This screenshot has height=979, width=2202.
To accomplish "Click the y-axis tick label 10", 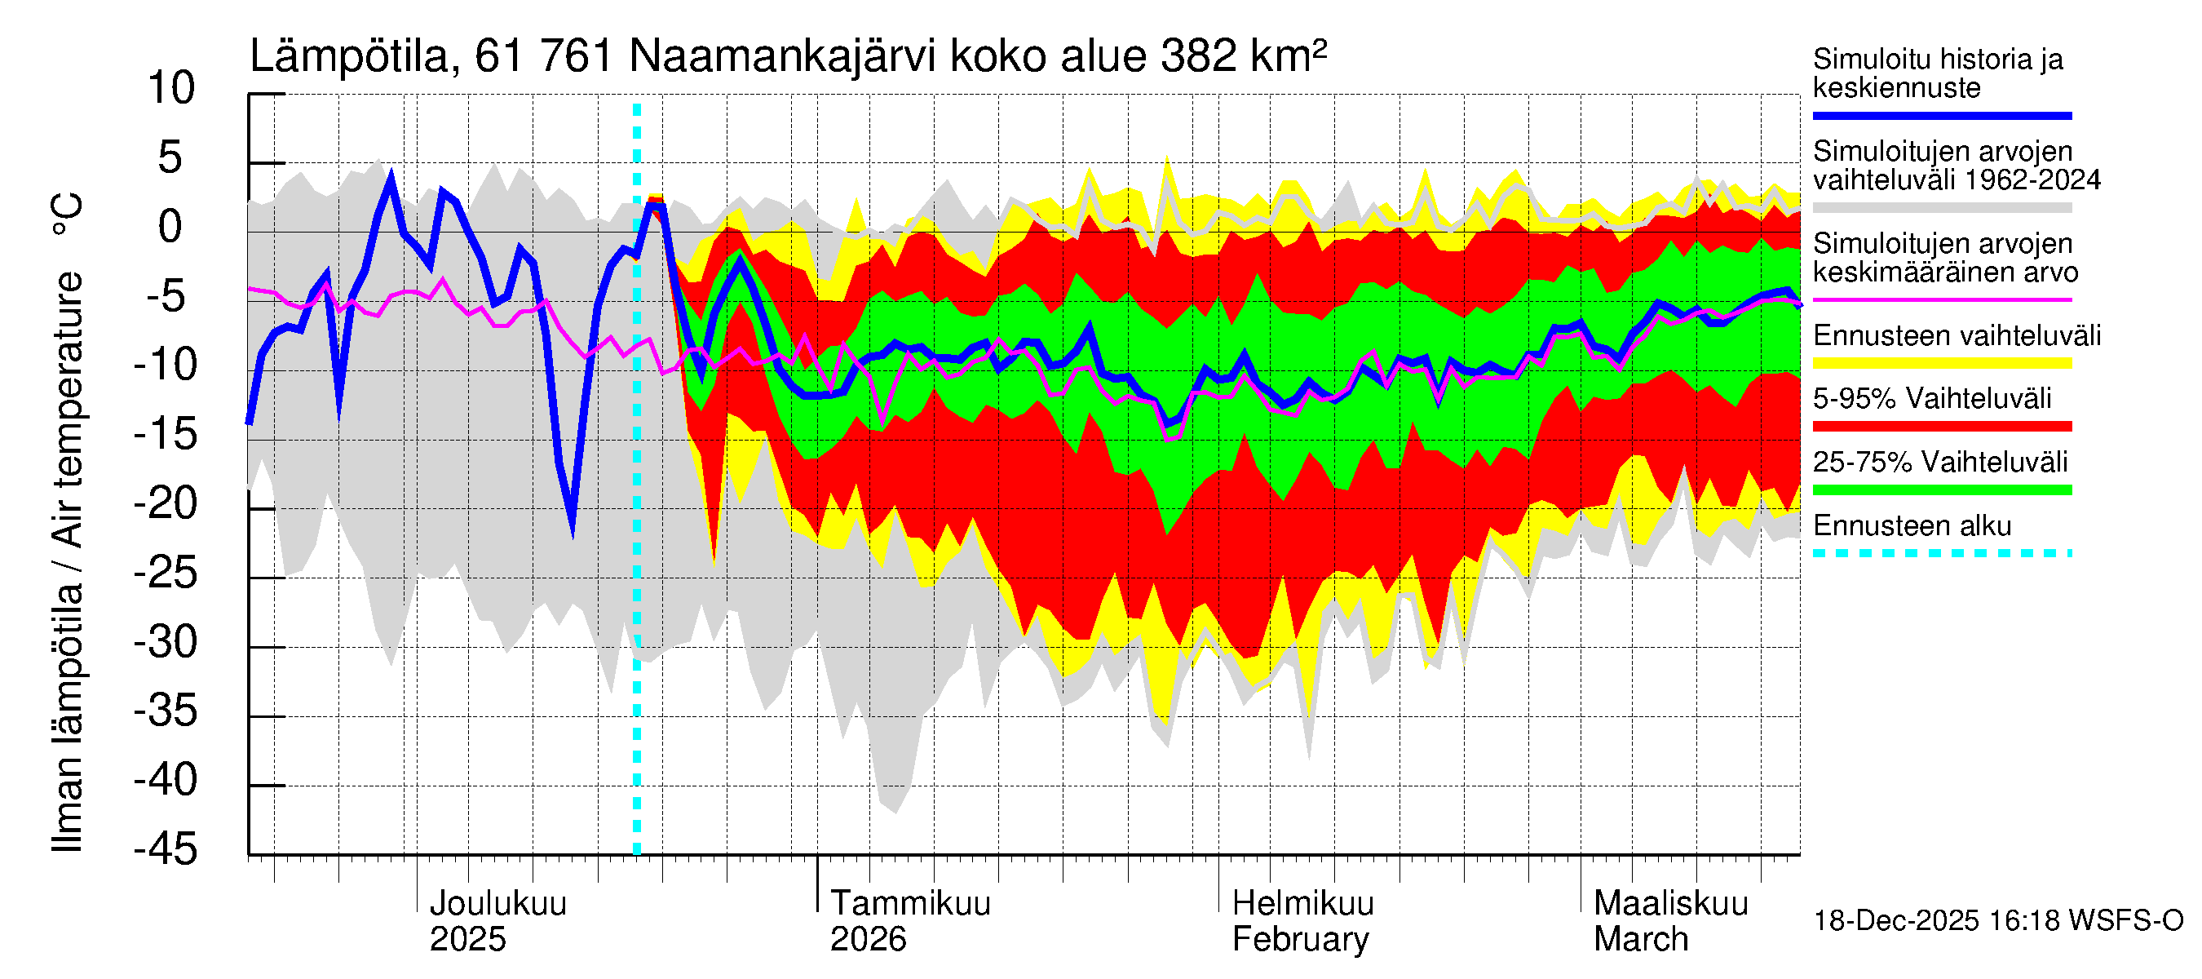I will [171, 89].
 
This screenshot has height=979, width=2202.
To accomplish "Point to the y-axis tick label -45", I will [166, 850].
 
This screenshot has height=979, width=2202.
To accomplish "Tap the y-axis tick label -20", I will [166, 503].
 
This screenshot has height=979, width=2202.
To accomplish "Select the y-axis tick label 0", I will [170, 228].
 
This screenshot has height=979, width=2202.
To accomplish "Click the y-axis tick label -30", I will [166, 642].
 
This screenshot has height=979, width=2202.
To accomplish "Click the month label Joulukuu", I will [497, 904].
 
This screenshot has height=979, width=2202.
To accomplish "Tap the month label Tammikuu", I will [909, 904].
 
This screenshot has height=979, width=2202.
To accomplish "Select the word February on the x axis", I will [1299, 940].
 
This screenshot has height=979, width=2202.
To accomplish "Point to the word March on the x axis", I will [1640, 940].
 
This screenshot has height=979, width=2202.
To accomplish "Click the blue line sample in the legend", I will [1941, 115].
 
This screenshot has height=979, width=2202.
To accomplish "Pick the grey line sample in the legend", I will [1941, 208].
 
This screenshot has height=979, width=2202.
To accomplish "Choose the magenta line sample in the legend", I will [1941, 300].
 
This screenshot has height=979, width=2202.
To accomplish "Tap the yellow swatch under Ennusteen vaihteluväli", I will [1941, 363].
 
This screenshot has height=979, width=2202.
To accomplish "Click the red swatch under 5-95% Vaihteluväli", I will [1941, 427].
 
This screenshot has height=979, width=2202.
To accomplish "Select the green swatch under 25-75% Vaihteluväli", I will [1941, 490].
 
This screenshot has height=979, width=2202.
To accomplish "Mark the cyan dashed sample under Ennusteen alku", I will [1941, 553].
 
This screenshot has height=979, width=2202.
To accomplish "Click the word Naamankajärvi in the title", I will [784, 57].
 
